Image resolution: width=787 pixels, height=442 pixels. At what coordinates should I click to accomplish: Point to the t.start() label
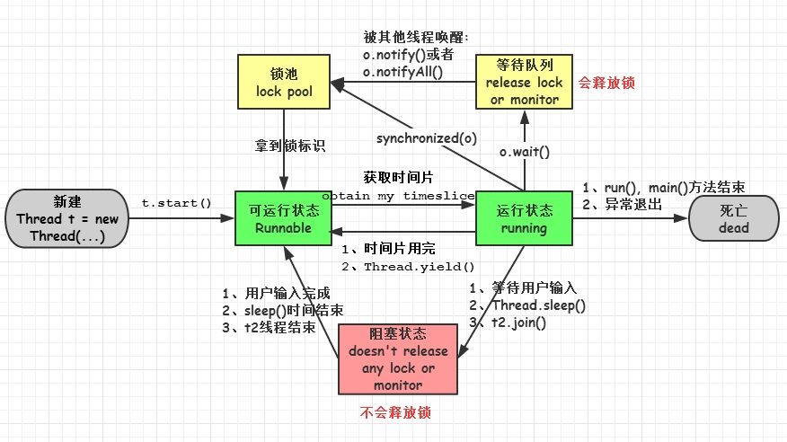click(176, 203)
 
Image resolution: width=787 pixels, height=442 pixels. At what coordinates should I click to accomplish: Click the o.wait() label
click(524, 153)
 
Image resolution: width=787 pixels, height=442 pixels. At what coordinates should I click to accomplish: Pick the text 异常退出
click(634, 204)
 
